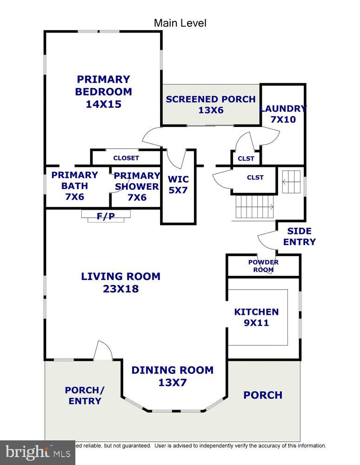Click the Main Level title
[180, 23]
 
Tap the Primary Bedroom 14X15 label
[103, 92]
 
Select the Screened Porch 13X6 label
[210, 105]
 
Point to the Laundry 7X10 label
[283, 114]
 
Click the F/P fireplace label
[106, 216]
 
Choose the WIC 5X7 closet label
[178, 185]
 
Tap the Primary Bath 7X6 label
[74, 186]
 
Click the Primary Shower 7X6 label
[137, 186]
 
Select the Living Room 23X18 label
[120, 282]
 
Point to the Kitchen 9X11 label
[256, 317]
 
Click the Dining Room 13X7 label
[172, 376]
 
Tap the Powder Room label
[263, 266]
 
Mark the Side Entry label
[299, 236]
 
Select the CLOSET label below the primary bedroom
[126, 158]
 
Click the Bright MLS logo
[37, 452]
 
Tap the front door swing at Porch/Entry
[102, 351]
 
